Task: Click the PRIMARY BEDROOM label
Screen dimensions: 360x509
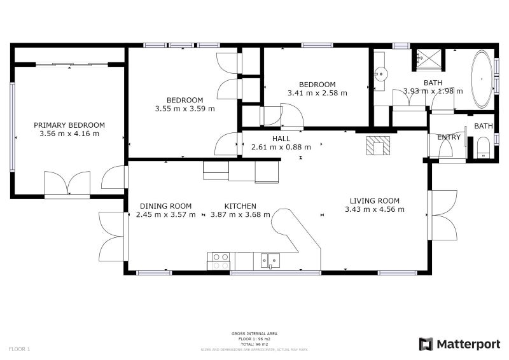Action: [x=69, y=125]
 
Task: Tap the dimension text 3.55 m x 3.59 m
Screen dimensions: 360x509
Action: [x=185, y=109]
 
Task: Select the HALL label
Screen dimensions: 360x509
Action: [x=281, y=139]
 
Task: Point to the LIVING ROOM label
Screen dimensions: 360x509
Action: [x=374, y=201]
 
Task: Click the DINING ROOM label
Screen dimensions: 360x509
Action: [x=165, y=206]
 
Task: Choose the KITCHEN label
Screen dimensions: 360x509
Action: [x=241, y=206]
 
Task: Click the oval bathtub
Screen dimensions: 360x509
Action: [x=481, y=80]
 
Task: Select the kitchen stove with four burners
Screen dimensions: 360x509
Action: [x=221, y=260]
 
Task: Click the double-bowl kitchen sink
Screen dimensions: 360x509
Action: [x=270, y=260]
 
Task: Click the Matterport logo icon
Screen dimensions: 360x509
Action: [x=426, y=344]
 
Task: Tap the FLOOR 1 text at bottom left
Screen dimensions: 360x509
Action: [x=19, y=349]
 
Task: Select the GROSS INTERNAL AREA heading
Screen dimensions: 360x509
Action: [x=254, y=333]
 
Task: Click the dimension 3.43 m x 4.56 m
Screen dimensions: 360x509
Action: [x=374, y=209]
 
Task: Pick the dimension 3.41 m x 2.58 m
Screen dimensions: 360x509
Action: [x=317, y=93]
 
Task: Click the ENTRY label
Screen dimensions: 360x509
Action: [x=449, y=137]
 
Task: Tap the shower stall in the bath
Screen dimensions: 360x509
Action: [x=427, y=59]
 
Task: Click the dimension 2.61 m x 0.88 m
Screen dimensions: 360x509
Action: [x=281, y=147]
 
